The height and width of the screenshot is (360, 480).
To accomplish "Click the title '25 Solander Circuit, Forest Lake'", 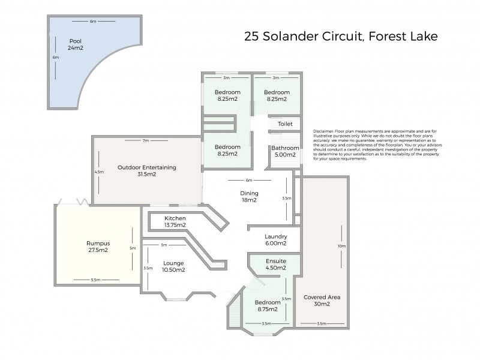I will pos(341,36).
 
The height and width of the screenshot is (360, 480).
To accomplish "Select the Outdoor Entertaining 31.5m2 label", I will pos(146,171).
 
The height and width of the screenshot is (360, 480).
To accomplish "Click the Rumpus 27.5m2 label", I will pos(97,247).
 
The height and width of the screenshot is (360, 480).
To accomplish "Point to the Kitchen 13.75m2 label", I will pos(175,221).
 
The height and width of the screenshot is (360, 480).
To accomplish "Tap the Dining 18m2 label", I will pos(249,197).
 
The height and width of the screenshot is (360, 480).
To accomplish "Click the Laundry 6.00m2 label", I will pos(275,240).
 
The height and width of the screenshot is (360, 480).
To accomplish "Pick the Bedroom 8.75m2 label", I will pos(267,306).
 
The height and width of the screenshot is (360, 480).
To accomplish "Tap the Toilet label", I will pos(284,124).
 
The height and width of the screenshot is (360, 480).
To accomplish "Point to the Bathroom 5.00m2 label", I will pos(284,151).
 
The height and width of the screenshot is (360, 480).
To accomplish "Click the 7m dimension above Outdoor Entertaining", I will pos(145,140).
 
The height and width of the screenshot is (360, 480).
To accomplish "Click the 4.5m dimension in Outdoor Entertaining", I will pos(100,172).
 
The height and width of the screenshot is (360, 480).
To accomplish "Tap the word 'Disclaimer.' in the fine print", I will pos(323,130).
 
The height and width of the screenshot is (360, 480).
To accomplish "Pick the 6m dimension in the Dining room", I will pos(248,180).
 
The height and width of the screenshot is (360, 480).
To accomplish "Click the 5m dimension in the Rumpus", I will pos(133,247).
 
